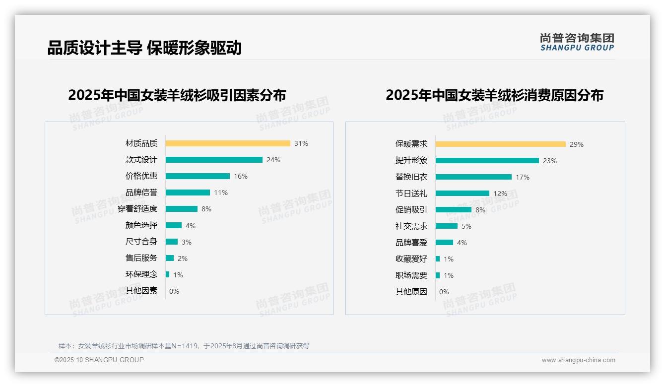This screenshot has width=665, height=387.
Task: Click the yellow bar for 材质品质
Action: click(x=228, y=143)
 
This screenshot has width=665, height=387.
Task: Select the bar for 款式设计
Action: click(x=214, y=160)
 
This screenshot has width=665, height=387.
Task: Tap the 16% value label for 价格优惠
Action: click(x=241, y=176)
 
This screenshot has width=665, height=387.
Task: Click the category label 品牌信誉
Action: click(x=141, y=193)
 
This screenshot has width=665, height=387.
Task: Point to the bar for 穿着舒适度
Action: click(x=182, y=209)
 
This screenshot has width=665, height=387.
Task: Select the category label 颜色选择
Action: click(x=141, y=225)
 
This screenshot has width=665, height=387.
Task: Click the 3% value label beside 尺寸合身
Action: click(x=187, y=242)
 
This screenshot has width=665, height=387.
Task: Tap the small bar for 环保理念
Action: click(x=168, y=274)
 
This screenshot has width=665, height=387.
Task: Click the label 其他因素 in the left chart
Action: click(x=141, y=291)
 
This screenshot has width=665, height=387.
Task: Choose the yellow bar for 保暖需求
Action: click(x=500, y=144)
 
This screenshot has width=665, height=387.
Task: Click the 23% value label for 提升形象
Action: click(x=550, y=161)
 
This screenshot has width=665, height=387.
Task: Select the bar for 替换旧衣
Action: click(x=473, y=177)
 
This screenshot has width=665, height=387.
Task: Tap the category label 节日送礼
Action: click(x=411, y=193)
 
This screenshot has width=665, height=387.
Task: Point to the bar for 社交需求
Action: click(x=447, y=226)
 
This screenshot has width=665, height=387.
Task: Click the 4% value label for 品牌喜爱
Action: click(x=462, y=243)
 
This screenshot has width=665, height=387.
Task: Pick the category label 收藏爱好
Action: click(x=411, y=259)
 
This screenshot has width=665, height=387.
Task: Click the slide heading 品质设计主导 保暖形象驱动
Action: click(x=144, y=48)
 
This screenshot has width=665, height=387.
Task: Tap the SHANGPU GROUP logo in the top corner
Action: click(x=577, y=42)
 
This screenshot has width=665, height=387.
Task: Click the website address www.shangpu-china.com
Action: click(x=578, y=360)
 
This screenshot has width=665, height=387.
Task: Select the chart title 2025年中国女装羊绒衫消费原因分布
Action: click(x=494, y=95)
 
